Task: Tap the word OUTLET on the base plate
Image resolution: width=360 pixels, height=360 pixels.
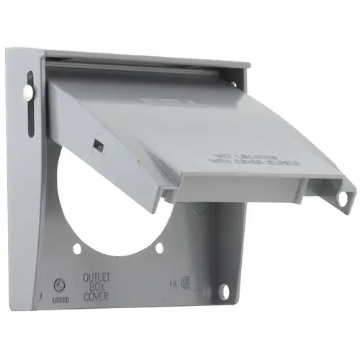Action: click(96, 276)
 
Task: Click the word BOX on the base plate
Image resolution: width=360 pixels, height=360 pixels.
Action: click(96, 285)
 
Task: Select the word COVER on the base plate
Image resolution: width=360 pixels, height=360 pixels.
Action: click(96, 294)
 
